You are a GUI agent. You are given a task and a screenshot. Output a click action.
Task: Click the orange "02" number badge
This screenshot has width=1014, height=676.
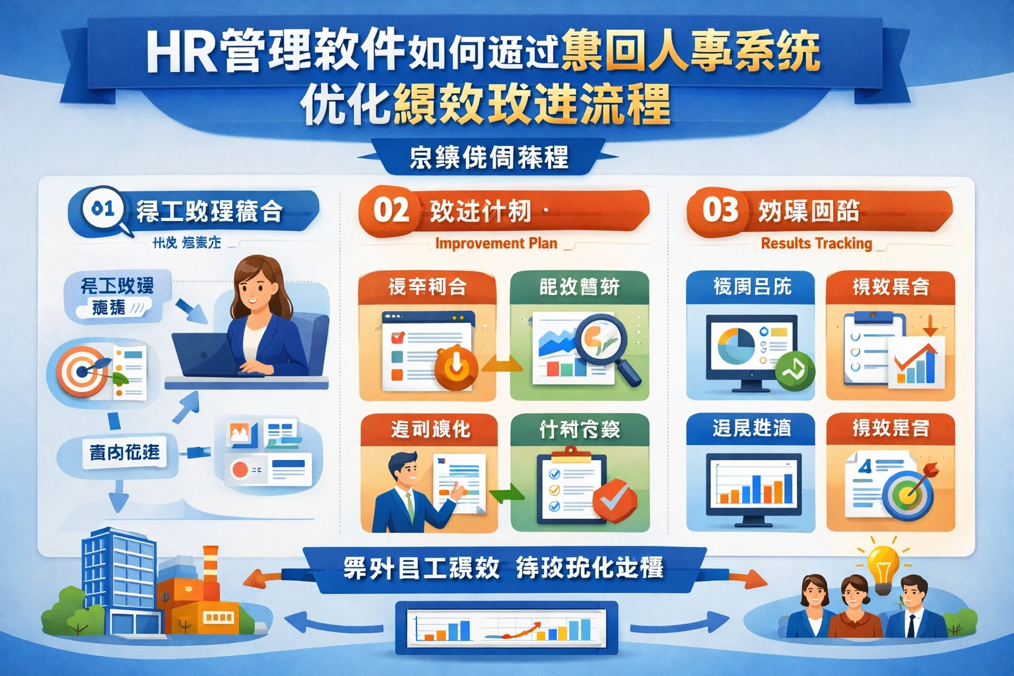[391, 211]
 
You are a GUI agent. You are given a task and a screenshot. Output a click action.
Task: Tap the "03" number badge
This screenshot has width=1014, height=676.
[720, 211]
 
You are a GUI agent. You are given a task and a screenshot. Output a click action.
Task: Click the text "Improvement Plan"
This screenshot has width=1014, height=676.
[496, 244]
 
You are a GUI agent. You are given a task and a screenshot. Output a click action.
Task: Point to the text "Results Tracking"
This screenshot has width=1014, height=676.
[816, 244]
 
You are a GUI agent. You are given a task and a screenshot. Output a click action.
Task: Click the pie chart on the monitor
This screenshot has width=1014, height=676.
[735, 344]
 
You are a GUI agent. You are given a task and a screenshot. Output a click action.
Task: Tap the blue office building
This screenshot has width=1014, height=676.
[118, 581]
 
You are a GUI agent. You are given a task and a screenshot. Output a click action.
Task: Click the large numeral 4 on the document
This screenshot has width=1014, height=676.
[865, 467]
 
